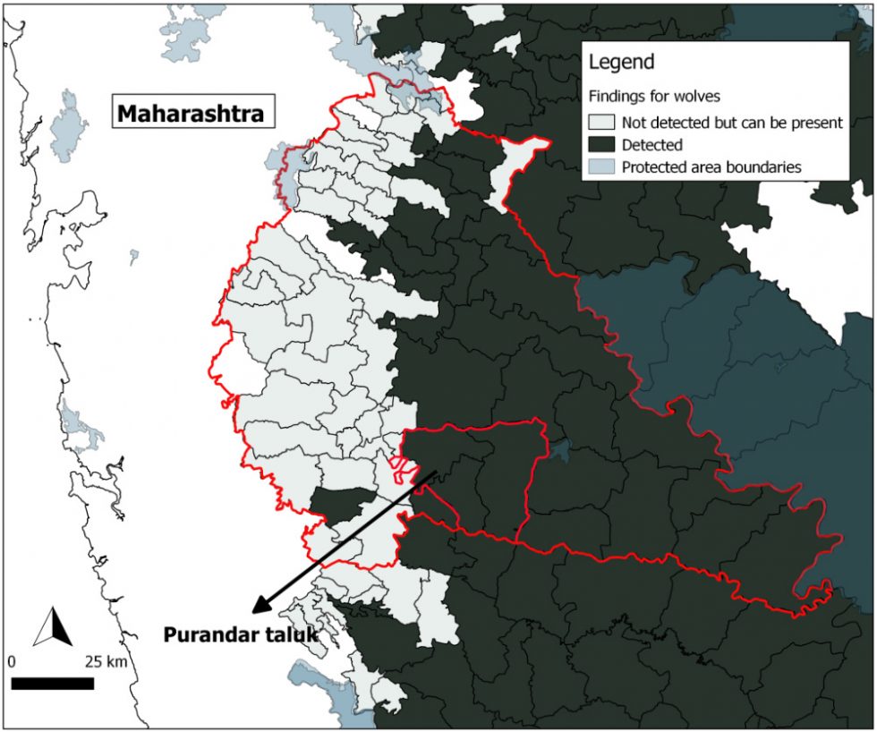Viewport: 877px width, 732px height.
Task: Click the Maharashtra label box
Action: (191, 114)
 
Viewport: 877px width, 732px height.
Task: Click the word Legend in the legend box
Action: (621, 63)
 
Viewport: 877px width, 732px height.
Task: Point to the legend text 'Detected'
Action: (652, 144)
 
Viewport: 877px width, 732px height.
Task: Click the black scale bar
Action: (53, 684)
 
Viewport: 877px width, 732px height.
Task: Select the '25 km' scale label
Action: (106, 663)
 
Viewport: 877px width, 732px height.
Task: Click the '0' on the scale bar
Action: (12, 663)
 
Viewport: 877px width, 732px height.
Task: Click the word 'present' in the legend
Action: (816, 123)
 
